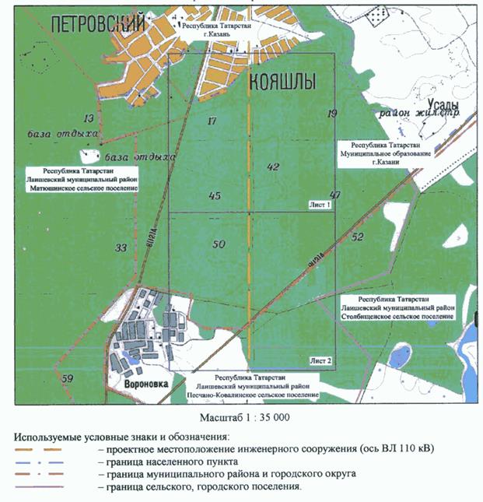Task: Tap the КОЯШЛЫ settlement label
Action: point(282,82)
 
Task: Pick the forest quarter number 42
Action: point(272,166)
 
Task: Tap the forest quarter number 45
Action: point(215,195)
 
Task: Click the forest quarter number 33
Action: point(121,248)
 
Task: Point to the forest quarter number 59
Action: point(68,378)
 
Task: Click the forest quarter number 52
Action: point(357,237)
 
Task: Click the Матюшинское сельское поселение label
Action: point(82,188)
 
